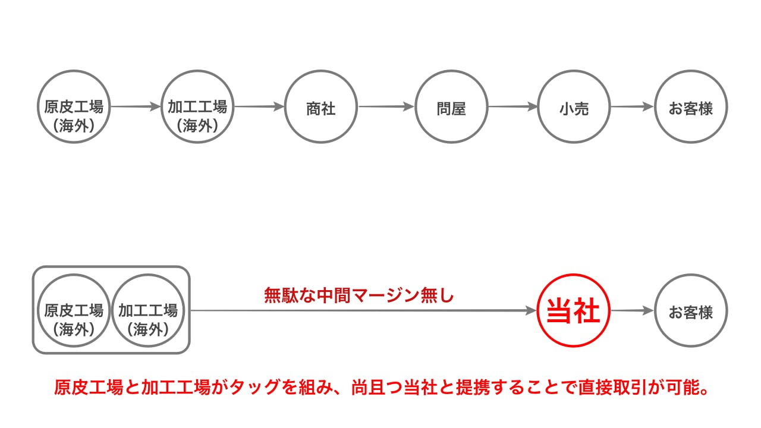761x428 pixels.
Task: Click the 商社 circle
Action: pyautogui.click(x=321, y=107)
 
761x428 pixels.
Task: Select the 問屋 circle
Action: pyautogui.click(x=451, y=107)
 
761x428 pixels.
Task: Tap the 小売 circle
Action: pyautogui.click(x=574, y=107)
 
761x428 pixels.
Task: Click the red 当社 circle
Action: pyautogui.click(x=573, y=310)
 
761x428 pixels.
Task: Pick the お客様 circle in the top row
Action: pyautogui.click(x=691, y=107)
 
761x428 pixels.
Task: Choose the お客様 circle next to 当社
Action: pyautogui.click(x=691, y=310)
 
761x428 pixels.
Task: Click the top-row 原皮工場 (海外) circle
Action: pyautogui.click(x=74, y=107)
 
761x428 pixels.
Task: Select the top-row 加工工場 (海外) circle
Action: pyautogui.click(x=197, y=107)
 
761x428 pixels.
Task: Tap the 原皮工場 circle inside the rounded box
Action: pyautogui.click(x=74, y=310)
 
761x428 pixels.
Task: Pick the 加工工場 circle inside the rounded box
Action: pyautogui.click(x=148, y=310)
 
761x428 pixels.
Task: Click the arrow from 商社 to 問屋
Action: pyautogui.click(x=386, y=107)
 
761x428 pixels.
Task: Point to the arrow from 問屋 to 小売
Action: pyautogui.click(x=512, y=107)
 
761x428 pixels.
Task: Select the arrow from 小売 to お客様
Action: pyautogui.click(x=632, y=107)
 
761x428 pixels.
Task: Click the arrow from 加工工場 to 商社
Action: pyautogui.click(x=259, y=107)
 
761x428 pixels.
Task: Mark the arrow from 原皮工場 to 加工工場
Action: pyautogui.click(x=136, y=107)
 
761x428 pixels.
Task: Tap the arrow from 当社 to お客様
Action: pyautogui.click(x=633, y=310)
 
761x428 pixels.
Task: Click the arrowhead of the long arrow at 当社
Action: pyautogui.click(x=531, y=310)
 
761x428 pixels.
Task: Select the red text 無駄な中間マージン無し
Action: pyautogui.click(x=359, y=295)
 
